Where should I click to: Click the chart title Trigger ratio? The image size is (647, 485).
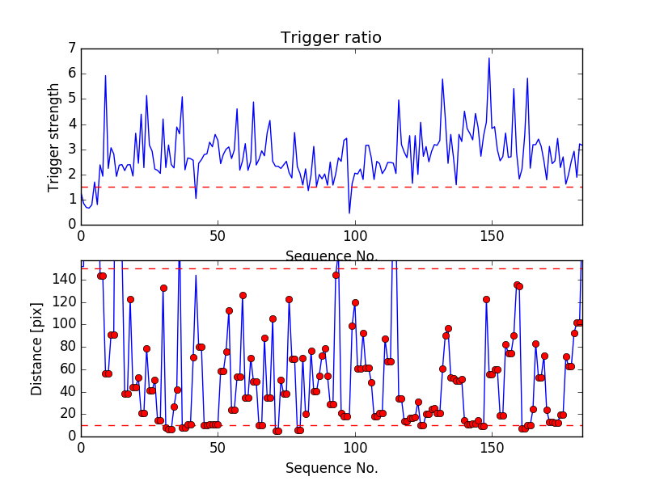pyautogui.click(x=331, y=38)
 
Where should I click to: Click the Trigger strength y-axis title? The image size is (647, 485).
pyautogui.click(x=55, y=137)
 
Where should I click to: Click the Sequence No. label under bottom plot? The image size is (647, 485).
pyautogui.click(x=331, y=468)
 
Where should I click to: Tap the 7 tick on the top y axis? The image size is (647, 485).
pyautogui.click(x=72, y=49)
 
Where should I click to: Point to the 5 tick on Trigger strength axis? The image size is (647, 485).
pyautogui.click(x=72, y=99)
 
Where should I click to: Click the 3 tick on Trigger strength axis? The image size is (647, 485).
pyautogui.click(x=72, y=150)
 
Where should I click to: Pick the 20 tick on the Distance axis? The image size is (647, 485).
pyautogui.click(x=68, y=414)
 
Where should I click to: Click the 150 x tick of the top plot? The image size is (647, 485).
pyautogui.click(x=491, y=236)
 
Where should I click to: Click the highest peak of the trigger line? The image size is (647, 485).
pyautogui.click(x=488, y=58)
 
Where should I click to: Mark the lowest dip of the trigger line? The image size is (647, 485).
pyautogui.click(x=349, y=213)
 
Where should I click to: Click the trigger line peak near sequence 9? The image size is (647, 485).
pyautogui.click(x=105, y=76)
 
